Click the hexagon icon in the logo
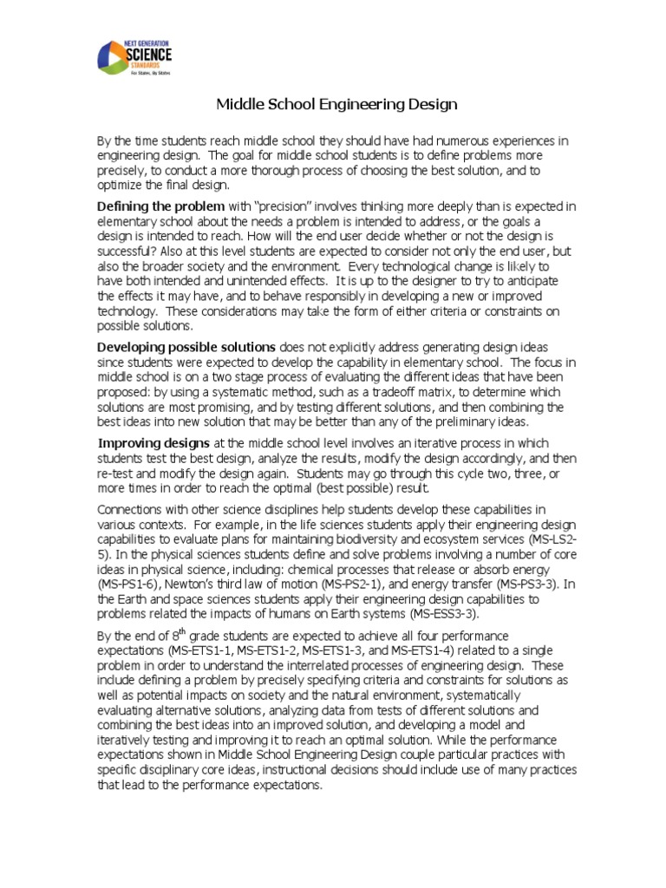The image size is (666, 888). (x=114, y=58)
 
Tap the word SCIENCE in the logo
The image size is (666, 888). (x=150, y=55)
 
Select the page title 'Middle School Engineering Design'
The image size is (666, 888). (x=336, y=105)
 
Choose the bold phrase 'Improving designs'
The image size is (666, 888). (x=153, y=442)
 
